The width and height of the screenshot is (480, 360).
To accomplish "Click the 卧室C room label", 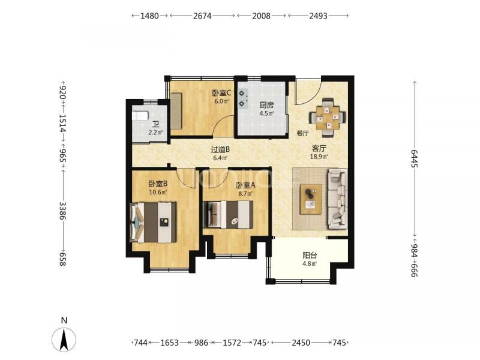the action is pos(221,93).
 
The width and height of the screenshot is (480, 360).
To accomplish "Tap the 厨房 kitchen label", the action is pos(266,106).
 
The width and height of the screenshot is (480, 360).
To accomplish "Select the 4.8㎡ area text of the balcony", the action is pos(310,263).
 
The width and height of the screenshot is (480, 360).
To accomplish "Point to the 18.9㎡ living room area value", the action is pos(319,157).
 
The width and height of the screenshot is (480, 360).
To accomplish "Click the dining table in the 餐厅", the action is pos(328,118).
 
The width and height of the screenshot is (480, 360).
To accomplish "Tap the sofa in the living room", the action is pos(338,199).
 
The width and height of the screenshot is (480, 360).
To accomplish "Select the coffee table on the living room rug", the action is pos(311,199).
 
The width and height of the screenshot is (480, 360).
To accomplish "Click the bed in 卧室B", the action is pos(154,222).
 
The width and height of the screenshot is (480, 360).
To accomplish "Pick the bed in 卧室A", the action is pos(229,214).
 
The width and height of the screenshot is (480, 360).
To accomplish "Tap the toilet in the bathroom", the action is pos(140,116).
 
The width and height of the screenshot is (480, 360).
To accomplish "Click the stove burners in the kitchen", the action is pos(243,98).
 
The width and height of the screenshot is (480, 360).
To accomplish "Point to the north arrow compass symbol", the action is pos(64,339).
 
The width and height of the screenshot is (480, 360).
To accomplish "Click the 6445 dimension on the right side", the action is pos(415,158).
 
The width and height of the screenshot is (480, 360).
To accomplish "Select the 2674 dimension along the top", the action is pos(202,16).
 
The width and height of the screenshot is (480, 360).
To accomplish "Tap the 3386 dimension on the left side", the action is pos(62,211).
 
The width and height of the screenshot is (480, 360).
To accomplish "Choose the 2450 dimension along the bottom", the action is pos(301,343).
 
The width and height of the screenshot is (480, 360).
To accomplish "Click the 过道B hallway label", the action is pos(220,150).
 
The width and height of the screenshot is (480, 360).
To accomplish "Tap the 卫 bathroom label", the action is pos(156,125).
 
